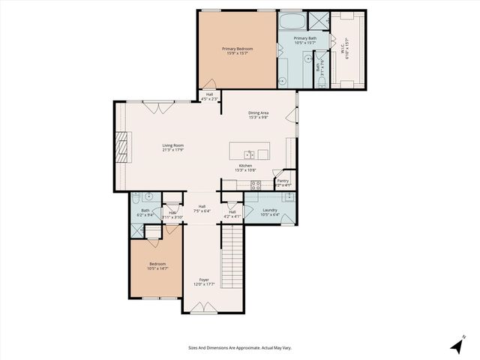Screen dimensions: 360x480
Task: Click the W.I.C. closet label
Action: tap(346, 50)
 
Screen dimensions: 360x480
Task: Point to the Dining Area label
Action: tap(259, 113)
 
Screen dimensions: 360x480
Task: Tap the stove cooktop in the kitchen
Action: tap(255, 184)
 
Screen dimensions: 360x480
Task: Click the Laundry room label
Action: tap(270, 211)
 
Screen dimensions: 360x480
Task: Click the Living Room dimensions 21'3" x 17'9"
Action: tap(173, 150)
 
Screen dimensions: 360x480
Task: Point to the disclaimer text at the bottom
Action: tap(239, 348)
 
